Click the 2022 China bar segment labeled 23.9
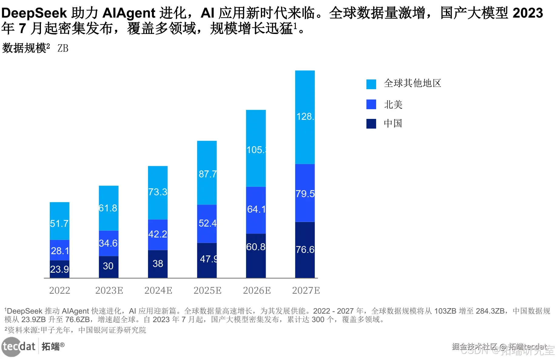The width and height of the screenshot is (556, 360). click(59, 269)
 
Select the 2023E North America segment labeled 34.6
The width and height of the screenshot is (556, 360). click(109, 243)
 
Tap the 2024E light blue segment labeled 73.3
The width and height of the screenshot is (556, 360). click(158, 192)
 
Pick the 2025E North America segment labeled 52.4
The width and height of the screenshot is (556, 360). click(207, 224)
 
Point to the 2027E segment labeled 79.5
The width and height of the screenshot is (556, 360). click(305, 193)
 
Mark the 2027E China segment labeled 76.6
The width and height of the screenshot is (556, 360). click(305, 250)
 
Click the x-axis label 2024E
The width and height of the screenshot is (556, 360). click(158, 291)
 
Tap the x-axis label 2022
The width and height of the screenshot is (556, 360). click(59, 291)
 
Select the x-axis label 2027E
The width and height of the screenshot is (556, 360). click(306, 291)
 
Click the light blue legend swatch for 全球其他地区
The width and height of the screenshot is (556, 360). click(371, 84)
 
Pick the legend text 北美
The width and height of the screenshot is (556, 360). click(393, 105)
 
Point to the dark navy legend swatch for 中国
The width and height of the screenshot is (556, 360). click(371, 123)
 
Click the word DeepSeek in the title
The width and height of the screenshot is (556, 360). click(34, 13)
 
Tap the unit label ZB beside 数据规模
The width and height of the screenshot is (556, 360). click(63, 48)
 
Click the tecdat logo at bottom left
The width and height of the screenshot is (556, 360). click(19, 346)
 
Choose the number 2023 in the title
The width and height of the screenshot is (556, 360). click(527, 13)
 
